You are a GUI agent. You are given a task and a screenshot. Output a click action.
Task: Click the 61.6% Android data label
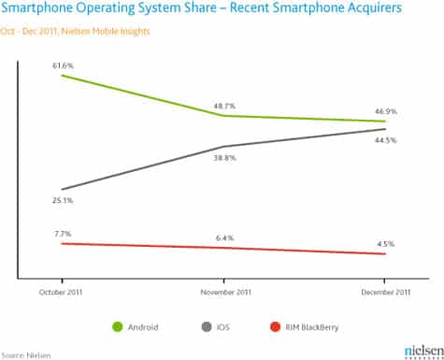point(63,65)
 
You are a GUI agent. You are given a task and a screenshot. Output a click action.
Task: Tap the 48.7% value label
point(223,106)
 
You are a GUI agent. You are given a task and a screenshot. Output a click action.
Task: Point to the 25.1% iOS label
point(63,200)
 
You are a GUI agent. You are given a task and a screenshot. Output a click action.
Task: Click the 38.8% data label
point(223,158)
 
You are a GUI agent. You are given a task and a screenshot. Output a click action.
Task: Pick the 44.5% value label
point(384,140)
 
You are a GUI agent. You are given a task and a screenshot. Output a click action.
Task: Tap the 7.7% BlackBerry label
point(63,233)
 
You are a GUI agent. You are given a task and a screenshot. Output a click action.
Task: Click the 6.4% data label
point(223,238)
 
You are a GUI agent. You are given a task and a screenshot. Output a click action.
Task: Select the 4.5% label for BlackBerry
point(384,243)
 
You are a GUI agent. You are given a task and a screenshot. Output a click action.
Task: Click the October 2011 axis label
point(63,292)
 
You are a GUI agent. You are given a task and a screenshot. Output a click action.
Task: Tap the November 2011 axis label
point(223,292)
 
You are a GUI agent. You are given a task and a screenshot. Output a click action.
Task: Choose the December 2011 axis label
point(384,292)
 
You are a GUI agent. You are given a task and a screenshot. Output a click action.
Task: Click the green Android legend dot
point(118,327)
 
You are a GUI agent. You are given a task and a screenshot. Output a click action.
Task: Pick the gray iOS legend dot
point(205,327)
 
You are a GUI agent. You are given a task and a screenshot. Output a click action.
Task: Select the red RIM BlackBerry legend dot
point(274,327)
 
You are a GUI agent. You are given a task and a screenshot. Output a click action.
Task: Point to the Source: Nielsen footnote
point(26,354)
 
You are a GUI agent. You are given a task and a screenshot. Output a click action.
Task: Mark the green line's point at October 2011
point(63,74)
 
